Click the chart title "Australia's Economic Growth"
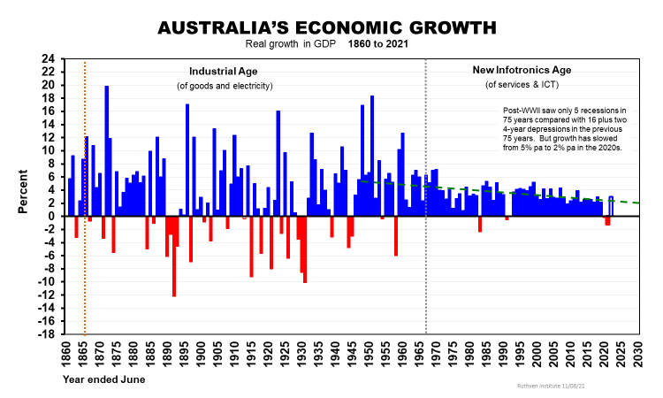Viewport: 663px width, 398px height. (327, 27)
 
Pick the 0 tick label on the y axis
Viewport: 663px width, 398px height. (51, 216)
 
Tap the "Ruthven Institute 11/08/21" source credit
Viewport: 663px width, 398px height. (554, 386)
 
